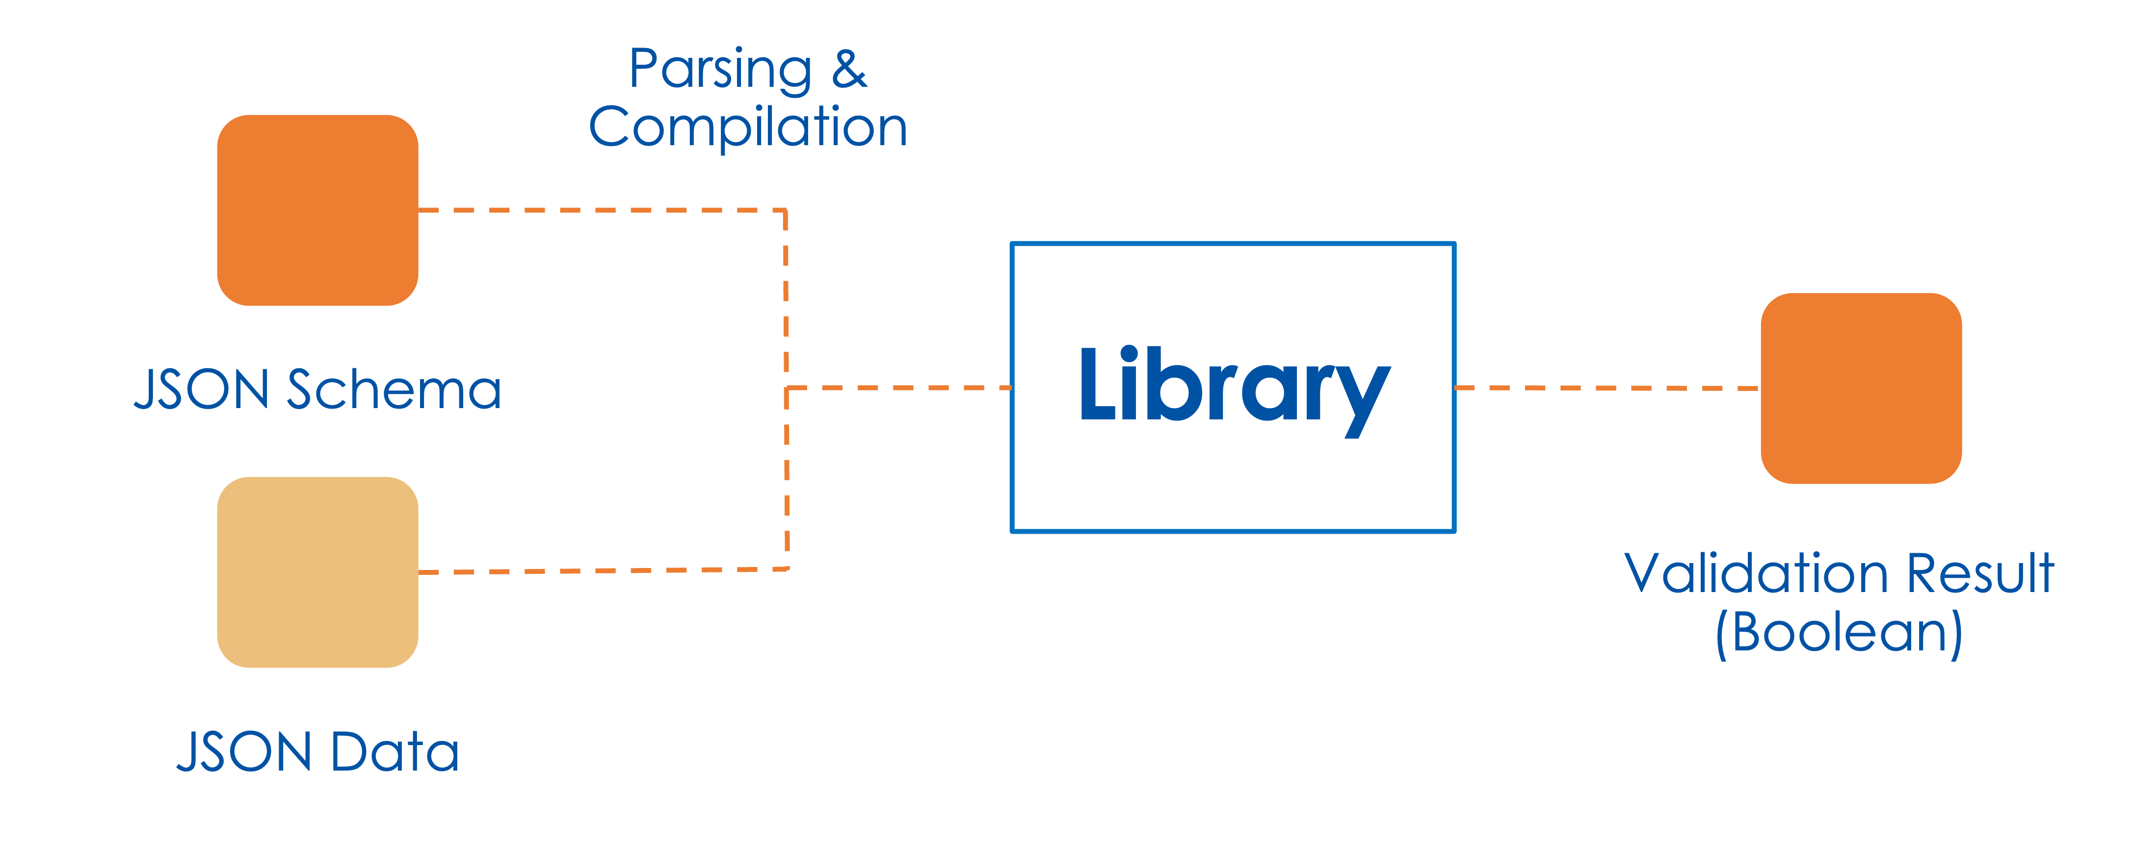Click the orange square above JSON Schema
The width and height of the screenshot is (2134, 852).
click(317, 210)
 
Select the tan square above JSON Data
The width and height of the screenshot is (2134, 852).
click(317, 572)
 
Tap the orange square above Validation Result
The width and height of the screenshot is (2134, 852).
click(1861, 387)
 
